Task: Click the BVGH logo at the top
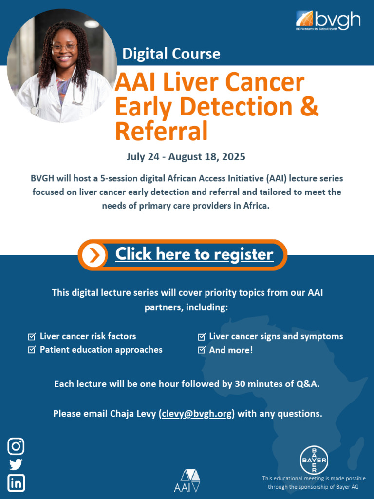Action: [x=328, y=20]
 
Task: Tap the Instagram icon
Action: [x=16, y=446]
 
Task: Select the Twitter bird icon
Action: [x=16, y=465]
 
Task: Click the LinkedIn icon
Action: [x=16, y=483]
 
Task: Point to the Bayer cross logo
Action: [x=314, y=460]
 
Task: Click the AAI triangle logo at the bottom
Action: [x=187, y=480]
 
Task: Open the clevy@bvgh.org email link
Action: [x=197, y=414]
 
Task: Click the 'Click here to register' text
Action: [x=194, y=254]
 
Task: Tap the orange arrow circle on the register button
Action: [x=94, y=255]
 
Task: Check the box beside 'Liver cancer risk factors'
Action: [x=32, y=336]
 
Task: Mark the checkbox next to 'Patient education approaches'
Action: [x=32, y=350]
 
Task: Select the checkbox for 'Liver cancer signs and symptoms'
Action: [x=201, y=336]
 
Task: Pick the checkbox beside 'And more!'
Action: [x=201, y=350]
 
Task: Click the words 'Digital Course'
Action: [x=171, y=53]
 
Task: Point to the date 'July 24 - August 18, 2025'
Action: [x=186, y=157]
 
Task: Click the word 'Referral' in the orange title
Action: [x=161, y=131]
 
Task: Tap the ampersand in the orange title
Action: [x=309, y=107]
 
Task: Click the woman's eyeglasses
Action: [x=64, y=47]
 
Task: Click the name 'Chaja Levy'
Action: [x=129, y=414]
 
